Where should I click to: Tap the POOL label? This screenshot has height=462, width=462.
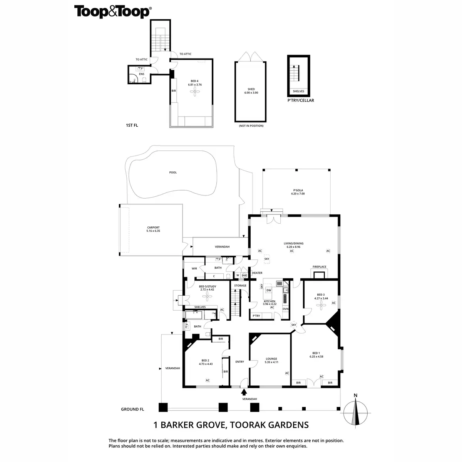(173, 172)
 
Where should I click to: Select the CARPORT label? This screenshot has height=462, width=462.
(153, 228)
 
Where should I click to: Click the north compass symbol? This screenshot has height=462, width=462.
(356, 412)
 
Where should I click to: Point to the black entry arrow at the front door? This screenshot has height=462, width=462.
(243, 392)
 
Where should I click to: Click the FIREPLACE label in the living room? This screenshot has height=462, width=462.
(319, 266)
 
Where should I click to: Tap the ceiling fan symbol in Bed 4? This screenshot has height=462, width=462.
(195, 92)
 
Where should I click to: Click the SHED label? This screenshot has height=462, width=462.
(251, 89)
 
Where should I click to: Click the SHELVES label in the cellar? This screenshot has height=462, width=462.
(298, 92)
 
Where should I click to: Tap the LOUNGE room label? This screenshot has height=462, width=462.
(271, 358)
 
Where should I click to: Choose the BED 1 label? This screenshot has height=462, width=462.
(316, 353)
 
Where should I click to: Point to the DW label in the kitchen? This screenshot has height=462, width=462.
(269, 290)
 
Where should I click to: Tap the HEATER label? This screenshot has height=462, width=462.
(257, 273)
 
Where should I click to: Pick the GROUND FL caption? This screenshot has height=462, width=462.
(132, 409)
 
